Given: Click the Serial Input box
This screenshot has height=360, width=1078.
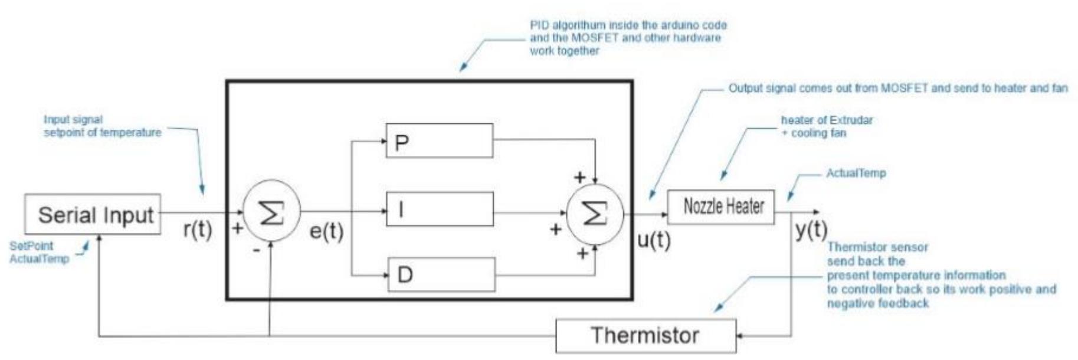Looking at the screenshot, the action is pyautogui.click(x=93, y=214).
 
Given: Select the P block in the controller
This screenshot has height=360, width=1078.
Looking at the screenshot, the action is pyautogui.click(x=439, y=140).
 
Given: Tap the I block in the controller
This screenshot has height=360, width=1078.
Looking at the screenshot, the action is pyautogui.click(x=440, y=209).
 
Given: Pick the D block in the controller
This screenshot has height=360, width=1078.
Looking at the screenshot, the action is pyautogui.click(x=441, y=274).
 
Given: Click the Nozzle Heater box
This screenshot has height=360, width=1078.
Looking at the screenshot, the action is pyautogui.click(x=720, y=207).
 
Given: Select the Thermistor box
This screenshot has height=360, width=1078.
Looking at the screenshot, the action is pyautogui.click(x=646, y=336).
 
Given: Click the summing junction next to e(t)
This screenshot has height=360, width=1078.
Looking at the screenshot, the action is pyautogui.click(x=271, y=212).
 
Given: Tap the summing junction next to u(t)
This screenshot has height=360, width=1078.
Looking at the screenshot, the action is pyautogui.click(x=595, y=214).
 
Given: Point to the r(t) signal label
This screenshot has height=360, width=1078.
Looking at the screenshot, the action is pyautogui.click(x=197, y=229).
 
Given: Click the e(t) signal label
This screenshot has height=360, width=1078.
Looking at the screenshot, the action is pyautogui.click(x=326, y=231).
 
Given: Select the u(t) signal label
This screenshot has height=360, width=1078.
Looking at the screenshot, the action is pyautogui.click(x=654, y=239).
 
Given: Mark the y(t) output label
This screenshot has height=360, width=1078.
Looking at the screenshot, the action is pyautogui.click(x=811, y=229).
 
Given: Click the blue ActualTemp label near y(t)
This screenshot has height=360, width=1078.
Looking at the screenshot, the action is pyautogui.click(x=856, y=174).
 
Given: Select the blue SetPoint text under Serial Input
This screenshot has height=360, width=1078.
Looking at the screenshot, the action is pyautogui.click(x=31, y=246).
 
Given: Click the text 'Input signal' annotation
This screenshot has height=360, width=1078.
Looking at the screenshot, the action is pyautogui.click(x=73, y=120).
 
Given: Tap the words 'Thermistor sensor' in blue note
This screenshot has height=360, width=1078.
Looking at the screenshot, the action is pyautogui.click(x=877, y=247).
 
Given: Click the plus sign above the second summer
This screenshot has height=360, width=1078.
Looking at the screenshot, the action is pyautogui.click(x=580, y=177).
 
